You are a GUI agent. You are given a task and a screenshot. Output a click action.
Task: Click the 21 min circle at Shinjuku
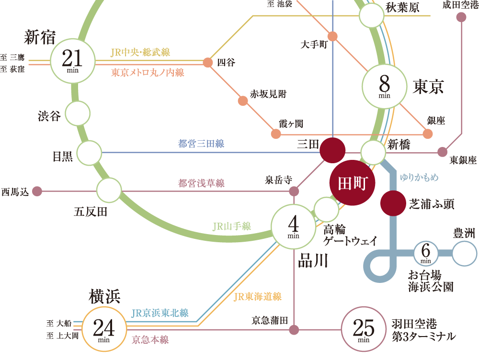point(73,61)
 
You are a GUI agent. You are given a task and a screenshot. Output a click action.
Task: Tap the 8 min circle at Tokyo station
point(385,86)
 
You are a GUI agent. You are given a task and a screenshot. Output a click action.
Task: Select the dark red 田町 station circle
point(353,183)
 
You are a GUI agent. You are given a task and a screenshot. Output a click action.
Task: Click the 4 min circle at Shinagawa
point(294,226)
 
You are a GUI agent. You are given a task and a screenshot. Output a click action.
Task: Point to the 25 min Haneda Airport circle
point(364,329)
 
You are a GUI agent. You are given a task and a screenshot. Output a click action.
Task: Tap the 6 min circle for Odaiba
point(426,254)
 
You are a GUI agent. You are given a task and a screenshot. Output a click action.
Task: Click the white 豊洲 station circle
point(465,254)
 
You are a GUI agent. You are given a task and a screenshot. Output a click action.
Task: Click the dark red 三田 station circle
point(332,150)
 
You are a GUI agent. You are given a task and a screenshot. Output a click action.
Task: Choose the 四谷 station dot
point(208,62)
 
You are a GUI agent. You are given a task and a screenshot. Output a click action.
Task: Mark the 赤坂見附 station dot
point(243,101)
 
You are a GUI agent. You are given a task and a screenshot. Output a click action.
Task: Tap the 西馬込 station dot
point(37,191)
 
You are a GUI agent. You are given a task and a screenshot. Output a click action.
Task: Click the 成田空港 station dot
point(461,17)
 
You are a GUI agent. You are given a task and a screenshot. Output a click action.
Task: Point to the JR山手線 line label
point(232,226)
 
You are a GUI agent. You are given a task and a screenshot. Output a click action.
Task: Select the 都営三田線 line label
point(201,143)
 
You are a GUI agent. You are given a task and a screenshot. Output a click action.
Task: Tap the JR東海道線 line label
point(257,297)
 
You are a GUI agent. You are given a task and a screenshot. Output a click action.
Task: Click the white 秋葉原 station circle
point(372,16)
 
